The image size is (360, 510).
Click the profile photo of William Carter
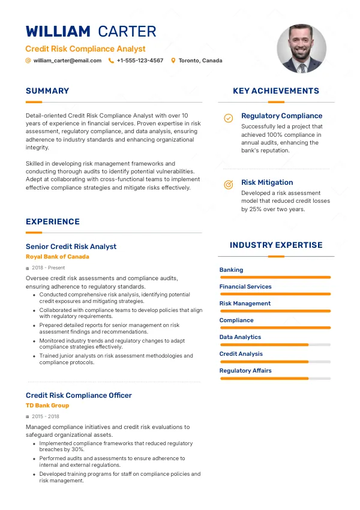point(302,49)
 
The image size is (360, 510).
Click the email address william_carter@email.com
point(67,61)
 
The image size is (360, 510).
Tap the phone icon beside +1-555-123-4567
point(111,61)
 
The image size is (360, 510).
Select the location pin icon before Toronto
point(173,61)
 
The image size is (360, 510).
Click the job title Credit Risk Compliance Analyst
point(85,49)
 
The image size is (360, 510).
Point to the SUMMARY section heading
point(47,91)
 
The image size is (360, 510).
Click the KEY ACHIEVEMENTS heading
point(276,91)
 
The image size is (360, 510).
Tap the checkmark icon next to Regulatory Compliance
point(229,118)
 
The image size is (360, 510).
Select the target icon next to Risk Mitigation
point(229,185)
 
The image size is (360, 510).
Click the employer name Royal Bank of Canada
point(58,257)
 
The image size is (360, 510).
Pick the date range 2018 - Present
point(48,268)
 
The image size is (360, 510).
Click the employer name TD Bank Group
point(47,406)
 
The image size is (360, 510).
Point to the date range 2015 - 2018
point(46,416)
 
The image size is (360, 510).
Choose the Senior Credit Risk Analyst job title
point(71,247)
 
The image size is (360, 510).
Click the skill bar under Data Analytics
point(275,345)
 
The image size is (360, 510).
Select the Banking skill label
point(232,270)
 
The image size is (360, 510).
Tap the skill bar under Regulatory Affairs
point(275,379)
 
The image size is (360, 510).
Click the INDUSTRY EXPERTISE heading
point(276,245)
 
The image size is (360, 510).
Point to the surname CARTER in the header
point(127,32)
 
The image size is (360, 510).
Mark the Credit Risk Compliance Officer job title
point(79,395)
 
